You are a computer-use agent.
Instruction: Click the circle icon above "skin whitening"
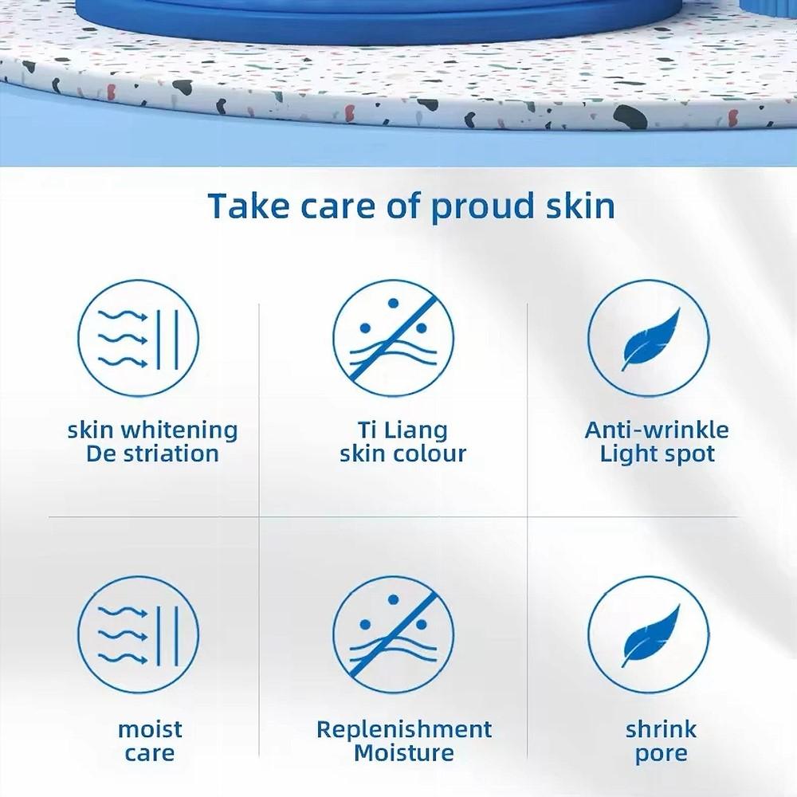pos(139,338)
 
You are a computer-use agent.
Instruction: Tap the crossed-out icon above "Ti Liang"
pos(394,338)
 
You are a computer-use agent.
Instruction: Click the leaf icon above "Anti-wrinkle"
pos(648,338)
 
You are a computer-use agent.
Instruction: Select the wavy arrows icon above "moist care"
pos(139,635)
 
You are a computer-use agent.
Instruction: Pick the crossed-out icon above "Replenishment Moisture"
pos(394,635)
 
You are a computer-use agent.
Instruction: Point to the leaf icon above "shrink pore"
pos(648,635)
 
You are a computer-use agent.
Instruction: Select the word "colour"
pos(430,454)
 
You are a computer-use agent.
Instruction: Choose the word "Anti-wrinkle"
pos(657,430)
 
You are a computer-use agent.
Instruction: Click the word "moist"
pos(150,728)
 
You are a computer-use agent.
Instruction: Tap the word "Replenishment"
pos(404,728)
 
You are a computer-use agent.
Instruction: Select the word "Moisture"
pos(404,752)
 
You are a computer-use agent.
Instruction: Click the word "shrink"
pos(661,728)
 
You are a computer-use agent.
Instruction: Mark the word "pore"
pos(661,754)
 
